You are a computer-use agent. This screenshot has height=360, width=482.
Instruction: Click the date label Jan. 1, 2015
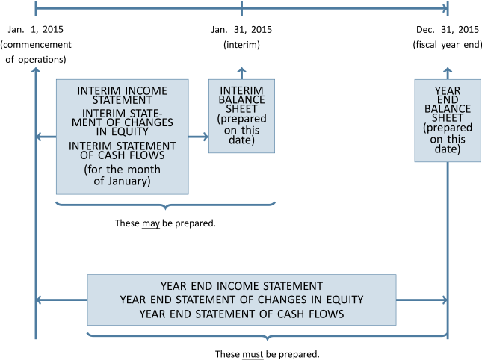point(36,29)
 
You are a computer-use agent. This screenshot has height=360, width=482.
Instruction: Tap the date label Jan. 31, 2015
point(241,29)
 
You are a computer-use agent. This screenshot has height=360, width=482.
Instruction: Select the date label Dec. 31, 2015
point(448,29)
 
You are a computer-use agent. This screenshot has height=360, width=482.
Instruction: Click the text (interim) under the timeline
point(241,45)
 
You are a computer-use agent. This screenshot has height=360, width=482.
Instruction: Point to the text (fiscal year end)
point(448,45)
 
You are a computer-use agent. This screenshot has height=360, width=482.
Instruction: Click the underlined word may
point(151,223)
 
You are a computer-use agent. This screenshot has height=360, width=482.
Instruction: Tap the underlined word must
point(253,354)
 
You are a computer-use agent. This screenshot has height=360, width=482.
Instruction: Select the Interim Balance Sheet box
point(241,116)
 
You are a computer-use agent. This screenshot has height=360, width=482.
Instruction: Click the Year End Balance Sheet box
point(448,121)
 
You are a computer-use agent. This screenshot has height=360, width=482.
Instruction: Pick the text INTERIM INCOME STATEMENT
point(123,95)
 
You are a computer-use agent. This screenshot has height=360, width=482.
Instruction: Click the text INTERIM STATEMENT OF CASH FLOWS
point(123,151)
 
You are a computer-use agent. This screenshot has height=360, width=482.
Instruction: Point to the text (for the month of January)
point(123,175)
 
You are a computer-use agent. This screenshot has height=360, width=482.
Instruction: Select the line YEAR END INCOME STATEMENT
point(241,286)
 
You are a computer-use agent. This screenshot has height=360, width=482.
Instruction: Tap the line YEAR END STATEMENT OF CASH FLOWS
point(241,314)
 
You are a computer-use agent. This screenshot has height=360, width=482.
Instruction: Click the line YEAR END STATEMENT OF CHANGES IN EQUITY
point(241,300)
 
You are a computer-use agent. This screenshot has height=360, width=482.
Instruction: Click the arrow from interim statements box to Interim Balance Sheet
point(199,137)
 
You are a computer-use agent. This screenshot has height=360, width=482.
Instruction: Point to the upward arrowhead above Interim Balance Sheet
point(241,70)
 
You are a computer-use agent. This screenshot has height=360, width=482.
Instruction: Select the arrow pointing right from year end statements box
point(421,300)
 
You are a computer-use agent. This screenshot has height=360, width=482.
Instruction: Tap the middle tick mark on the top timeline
point(241,8)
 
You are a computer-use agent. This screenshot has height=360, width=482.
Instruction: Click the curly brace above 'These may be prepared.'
point(165,204)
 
